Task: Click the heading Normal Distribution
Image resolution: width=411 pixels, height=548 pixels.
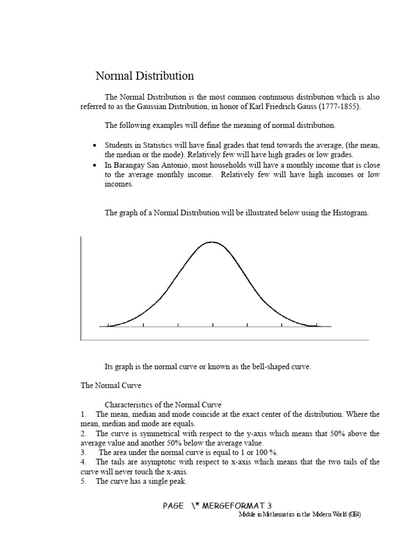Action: tap(144, 76)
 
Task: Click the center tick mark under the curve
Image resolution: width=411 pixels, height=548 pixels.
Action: tap(213, 325)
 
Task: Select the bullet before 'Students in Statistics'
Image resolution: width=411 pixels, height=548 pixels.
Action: tap(95, 146)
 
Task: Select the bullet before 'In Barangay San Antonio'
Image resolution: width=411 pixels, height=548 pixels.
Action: tap(95, 165)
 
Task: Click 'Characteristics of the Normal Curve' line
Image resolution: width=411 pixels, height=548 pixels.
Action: tap(163, 404)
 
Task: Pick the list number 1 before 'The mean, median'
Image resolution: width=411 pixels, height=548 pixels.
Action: tap(83, 414)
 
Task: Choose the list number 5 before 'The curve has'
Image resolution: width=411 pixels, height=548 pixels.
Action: tap(83, 481)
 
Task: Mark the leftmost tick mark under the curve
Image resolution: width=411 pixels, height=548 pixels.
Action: tap(109, 325)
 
